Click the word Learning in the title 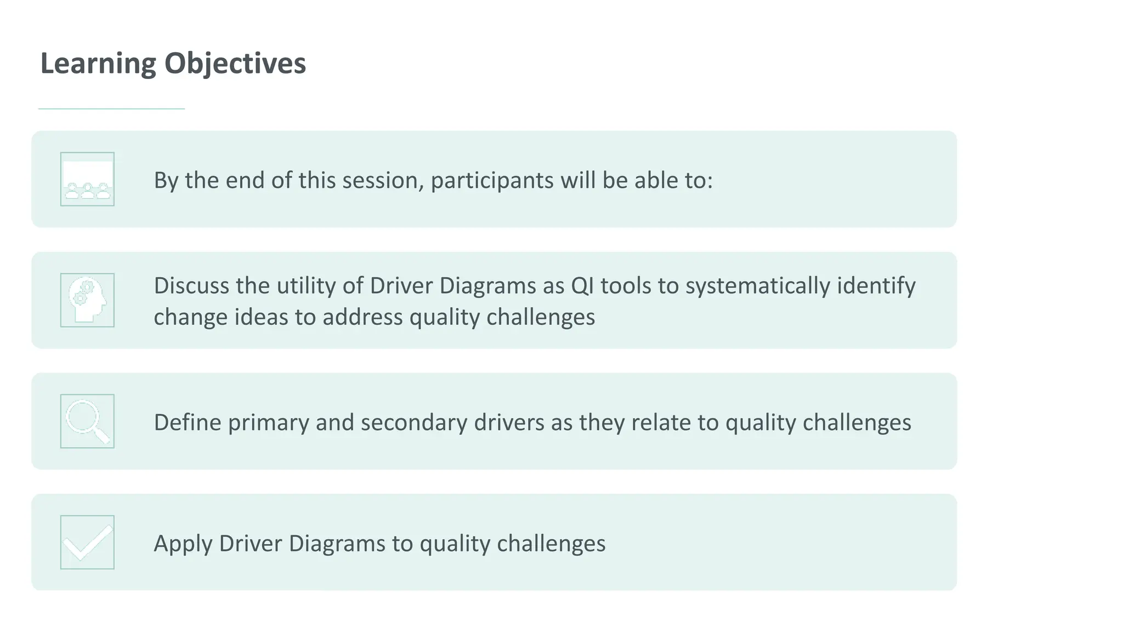(98, 64)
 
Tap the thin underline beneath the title (111, 109)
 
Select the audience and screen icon (87, 179)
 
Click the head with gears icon (87, 300)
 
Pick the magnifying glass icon (87, 421)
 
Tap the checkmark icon (87, 542)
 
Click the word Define (187, 422)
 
